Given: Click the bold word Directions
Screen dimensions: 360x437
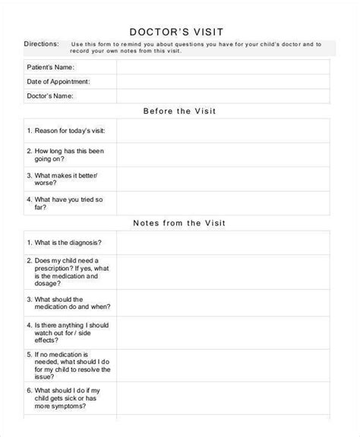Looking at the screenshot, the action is click(x=44, y=45).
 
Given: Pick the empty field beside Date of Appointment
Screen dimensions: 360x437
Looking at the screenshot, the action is click(x=223, y=81).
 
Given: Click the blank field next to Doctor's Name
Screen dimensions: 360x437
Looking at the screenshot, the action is click(x=223, y=96).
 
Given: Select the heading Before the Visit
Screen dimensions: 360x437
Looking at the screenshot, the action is click(x=180, y=112).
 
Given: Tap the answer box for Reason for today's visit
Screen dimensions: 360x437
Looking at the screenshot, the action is click(x=223, y=131).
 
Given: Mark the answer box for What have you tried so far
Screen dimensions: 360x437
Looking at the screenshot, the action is click(x=223, y=204).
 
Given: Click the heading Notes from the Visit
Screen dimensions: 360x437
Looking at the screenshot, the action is click(x=180, y=224).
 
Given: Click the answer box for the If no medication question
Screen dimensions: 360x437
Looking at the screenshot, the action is click(x=223, y=364).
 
